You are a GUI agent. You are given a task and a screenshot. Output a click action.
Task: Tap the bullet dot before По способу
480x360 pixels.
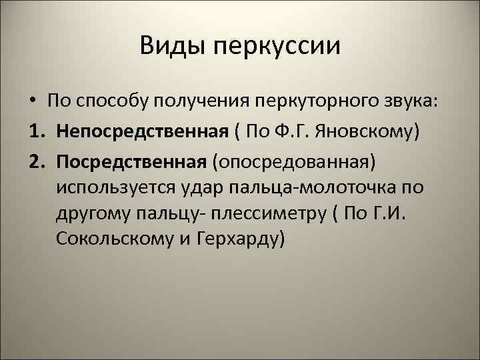[32, 101]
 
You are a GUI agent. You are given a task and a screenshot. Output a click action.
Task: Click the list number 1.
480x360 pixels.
[35, 131]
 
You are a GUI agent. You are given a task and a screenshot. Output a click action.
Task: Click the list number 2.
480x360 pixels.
[35, 161]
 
